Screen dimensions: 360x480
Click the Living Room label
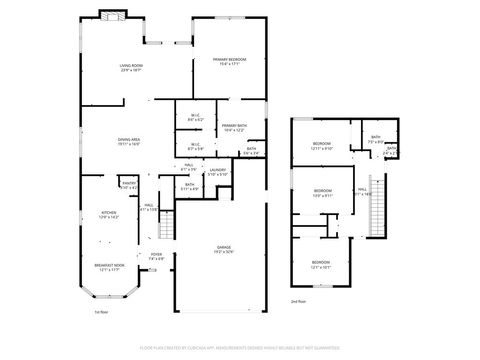click(x=131, y=65)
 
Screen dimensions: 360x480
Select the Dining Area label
click(x=129, y=139)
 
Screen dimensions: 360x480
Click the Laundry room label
click(x=218, y=170)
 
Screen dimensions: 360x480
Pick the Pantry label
click(x=129, y=183)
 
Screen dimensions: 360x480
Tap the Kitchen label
click(x=108, y=212)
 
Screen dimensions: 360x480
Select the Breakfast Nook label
click(x=108, y=265)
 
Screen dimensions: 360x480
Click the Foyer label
click(x=156, y=254)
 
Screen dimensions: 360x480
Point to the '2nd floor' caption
click(x=298, y=300)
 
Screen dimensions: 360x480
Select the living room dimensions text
click(x=131, y=70)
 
